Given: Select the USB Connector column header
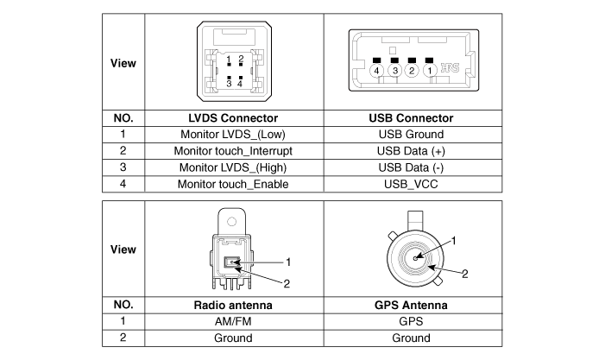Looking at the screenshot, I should (411, 118).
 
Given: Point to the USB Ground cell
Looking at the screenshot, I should (411, 135).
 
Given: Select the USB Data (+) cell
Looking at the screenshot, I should (411, 151).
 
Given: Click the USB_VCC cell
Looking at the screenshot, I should (411, 184).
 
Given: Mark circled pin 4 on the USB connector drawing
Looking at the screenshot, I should (377, 70).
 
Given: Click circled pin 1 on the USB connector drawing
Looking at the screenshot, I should (429, 70).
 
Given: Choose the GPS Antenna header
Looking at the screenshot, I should (411, 305).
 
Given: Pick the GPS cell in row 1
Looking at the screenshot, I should (411, 322).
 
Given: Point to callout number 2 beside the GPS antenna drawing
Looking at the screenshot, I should (464, 274).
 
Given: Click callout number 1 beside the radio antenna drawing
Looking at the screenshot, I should (290, 261).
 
